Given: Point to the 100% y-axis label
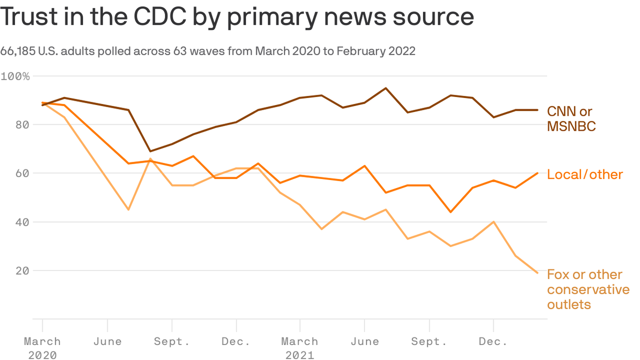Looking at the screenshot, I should point(15,76).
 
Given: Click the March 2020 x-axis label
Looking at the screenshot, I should point(42,348).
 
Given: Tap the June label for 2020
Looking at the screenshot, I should point(107,341).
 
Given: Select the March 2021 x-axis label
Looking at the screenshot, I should point(300,348).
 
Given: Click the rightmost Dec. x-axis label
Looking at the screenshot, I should point(493,341).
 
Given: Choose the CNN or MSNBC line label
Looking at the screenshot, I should point(571,119).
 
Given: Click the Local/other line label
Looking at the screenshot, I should point(585,174).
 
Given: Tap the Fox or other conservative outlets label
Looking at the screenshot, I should point(588,289).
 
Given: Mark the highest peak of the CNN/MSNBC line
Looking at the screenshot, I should point(386,88).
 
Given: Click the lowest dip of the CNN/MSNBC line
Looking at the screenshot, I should point(150,151).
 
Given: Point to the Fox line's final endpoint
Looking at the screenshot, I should point(537,273).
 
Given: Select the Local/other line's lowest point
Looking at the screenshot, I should point(450,212).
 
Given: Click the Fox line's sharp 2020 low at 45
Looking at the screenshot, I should point(128,210).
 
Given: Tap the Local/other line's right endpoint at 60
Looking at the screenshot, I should point(537,173).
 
